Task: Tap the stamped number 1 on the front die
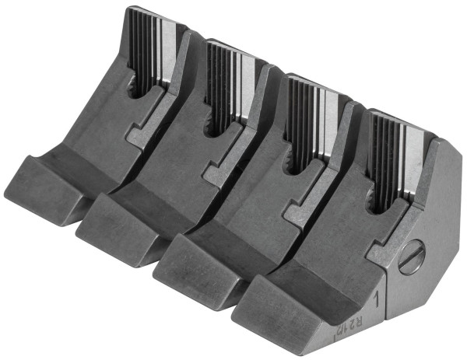[377, 299]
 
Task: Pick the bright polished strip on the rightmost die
[408, 152]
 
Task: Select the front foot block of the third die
[191, 260]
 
